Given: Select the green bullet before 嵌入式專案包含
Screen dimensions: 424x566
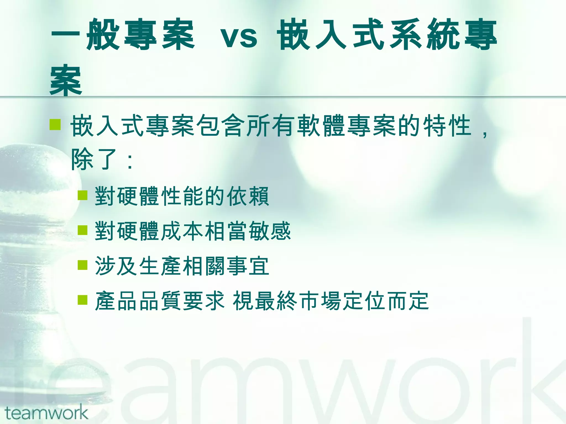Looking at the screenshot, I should click(55, 124).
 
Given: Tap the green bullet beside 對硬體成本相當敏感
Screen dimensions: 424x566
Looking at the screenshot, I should click(82, 230).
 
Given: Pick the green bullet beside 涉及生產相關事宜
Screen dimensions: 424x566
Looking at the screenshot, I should click(82, 265).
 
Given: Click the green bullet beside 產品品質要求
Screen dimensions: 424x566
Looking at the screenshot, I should click(82, 300).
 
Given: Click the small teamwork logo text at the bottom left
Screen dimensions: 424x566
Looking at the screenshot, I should click(46, 413).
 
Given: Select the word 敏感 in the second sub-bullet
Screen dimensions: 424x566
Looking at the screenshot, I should click(270, 231).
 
